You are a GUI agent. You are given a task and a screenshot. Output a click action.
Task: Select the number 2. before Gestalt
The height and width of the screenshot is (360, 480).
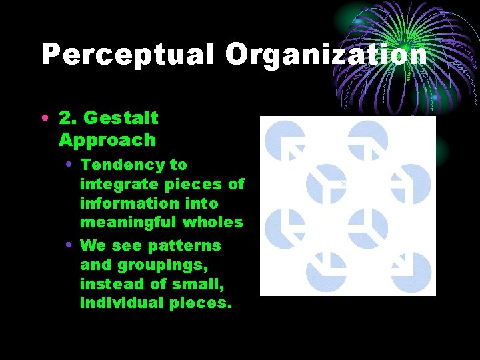67,118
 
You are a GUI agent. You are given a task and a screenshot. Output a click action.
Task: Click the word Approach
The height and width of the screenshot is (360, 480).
107,140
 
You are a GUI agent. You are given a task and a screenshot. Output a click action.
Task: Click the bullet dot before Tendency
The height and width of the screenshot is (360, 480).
69,165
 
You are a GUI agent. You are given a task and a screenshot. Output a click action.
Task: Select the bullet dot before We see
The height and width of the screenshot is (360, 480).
69,245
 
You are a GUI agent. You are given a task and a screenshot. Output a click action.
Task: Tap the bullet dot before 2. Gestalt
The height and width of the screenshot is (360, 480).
44,118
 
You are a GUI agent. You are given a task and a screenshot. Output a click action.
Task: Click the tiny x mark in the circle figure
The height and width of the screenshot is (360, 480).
343,183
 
